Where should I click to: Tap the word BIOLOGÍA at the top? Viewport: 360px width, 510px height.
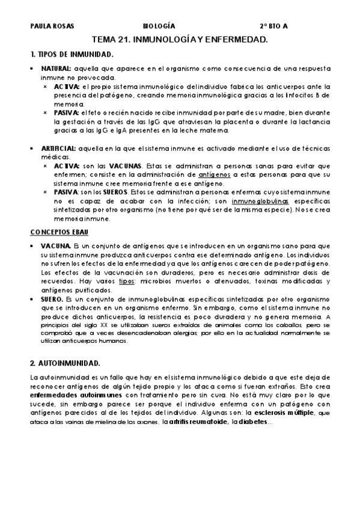point(159,26)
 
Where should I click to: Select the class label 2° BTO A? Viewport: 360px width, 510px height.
point(274,26)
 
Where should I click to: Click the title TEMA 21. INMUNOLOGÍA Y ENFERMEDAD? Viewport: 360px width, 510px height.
point(180,39)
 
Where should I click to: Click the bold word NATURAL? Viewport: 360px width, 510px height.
point(56,69)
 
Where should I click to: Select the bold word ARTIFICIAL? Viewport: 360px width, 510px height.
point(58,148)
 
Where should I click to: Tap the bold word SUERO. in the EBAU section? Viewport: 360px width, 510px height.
point(53,299)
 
